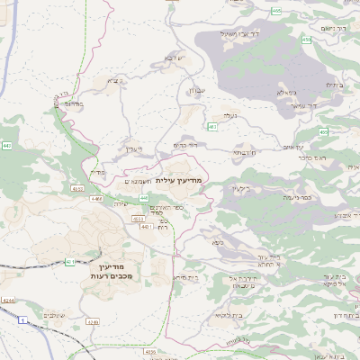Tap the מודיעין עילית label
180,182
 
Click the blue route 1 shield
21,319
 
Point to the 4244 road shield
8,300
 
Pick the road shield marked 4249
92,321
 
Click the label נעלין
133,148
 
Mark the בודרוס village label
74,103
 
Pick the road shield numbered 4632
78,189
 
